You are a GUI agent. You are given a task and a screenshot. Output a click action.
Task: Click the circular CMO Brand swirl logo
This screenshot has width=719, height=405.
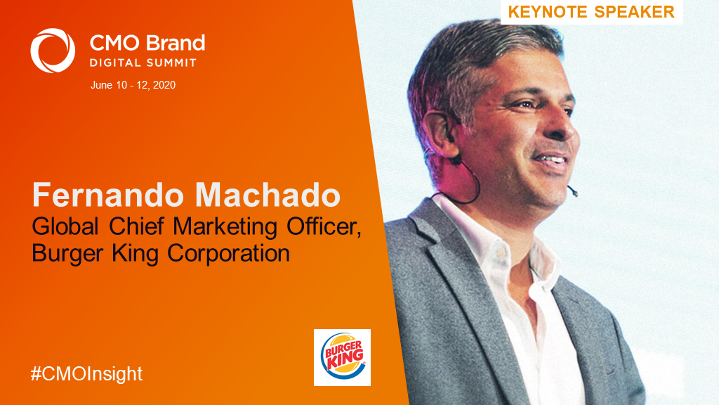(53, 51)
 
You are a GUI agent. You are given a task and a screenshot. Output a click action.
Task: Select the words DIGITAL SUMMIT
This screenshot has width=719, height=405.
(143, 63)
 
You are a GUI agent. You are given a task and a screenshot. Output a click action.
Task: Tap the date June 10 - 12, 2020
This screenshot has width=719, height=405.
(133, 85)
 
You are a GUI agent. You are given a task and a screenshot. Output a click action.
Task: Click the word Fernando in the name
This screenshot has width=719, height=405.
(108, 195)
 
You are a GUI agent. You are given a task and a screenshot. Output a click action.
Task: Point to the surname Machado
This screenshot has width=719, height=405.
(268, 195)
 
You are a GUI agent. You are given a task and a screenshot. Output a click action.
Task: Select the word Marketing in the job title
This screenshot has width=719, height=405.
(225, 228)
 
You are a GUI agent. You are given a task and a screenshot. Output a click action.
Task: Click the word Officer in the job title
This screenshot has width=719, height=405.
(324, 227)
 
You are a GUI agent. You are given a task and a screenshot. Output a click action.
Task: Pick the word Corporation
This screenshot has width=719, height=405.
(228, 253)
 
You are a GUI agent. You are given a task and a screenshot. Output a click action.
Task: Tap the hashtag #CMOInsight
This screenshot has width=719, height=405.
(86, 374)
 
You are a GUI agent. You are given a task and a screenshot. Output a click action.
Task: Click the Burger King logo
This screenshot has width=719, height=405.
(342, 357)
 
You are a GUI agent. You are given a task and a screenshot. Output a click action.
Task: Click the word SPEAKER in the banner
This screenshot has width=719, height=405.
(635, 12)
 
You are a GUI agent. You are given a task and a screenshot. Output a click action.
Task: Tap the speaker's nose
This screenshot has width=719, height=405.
(564, 127)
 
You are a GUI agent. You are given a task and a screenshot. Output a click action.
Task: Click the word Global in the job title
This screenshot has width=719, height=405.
(65, 227)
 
